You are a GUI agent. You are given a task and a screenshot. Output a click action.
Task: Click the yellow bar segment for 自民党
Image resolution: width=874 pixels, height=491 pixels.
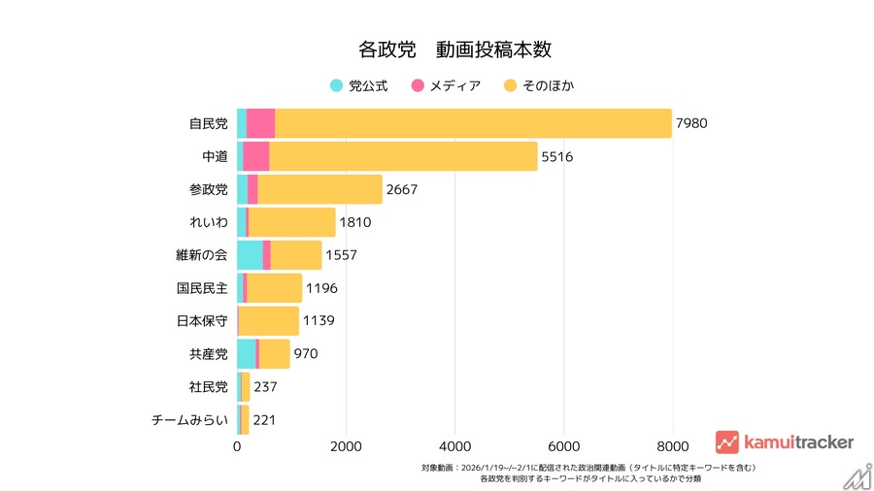(473, 123)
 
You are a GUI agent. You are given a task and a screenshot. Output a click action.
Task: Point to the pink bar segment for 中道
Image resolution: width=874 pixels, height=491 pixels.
(255, 156)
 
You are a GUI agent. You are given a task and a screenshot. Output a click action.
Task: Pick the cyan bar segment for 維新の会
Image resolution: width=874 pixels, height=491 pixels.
(250, 255)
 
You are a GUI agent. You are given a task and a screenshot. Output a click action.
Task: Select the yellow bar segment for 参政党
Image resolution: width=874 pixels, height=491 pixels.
(319, 189)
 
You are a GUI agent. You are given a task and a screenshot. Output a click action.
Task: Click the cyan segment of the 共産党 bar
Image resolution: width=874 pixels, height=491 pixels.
(246, 354)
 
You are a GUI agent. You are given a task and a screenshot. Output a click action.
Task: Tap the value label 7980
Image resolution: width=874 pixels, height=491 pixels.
(692, 123)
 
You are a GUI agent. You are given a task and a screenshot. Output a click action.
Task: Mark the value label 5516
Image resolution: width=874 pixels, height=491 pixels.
(557, 156)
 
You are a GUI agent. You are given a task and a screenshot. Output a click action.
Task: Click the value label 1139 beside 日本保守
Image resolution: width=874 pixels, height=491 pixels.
(319, 321)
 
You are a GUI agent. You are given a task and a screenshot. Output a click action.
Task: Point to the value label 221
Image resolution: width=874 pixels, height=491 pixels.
(265, 420)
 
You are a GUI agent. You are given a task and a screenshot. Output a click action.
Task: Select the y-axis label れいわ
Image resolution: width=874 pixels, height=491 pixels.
(209, 222)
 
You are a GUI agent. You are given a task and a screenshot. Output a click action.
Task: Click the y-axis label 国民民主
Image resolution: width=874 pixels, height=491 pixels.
(202, 288)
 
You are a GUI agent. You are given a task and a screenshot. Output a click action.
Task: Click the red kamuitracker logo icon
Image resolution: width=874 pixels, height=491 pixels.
(727, 442)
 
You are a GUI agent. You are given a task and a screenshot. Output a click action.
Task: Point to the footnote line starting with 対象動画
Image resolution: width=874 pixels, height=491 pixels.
(588, 468)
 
